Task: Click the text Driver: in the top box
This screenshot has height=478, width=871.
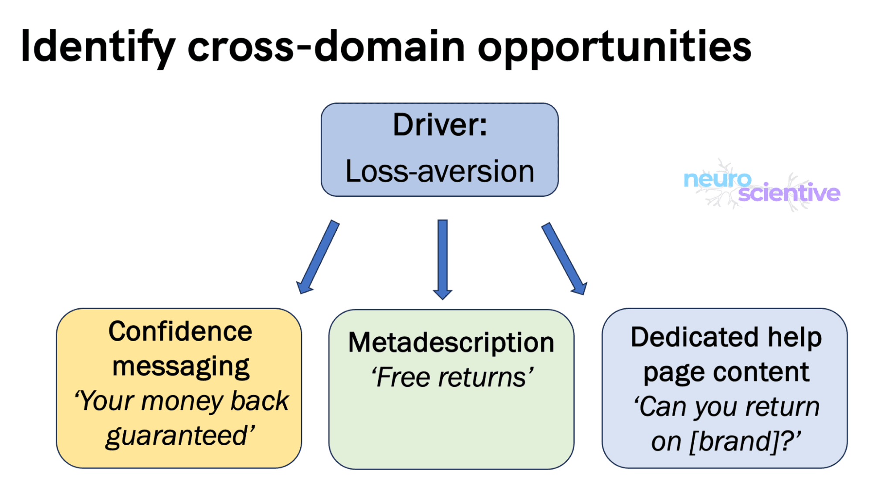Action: coord(440,125)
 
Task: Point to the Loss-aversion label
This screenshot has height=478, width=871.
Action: coord(440,171)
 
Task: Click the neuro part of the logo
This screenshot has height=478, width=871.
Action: coord(717,179)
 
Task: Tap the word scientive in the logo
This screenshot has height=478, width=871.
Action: coord(789,193)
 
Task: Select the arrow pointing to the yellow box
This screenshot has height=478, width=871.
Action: coord(318,257)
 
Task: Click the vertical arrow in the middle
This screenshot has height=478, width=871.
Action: coord(443,259)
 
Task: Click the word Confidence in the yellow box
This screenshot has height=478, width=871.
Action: coord(180,331)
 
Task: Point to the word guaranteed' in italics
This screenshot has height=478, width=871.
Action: coord(180,436)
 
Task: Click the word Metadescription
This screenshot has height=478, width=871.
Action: coord(451,342)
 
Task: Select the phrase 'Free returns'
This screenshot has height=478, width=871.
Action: coord(452,377)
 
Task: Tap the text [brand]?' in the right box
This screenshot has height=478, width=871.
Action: coord(745,441)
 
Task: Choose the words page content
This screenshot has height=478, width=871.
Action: coord(726,372)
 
